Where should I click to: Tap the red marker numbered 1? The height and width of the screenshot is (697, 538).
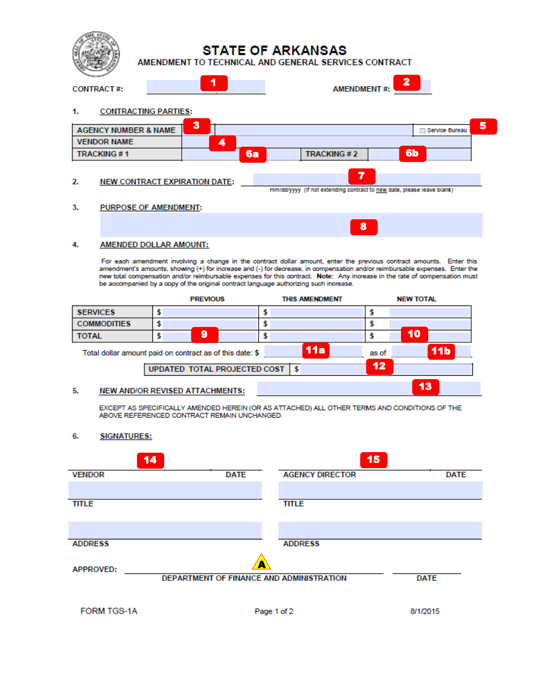tap(214, 83)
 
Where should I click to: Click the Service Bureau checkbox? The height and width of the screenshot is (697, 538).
tap(422, 131)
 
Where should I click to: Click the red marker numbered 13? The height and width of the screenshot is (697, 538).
tap(425, 387)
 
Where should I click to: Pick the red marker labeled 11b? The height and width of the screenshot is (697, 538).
tap(441, 351)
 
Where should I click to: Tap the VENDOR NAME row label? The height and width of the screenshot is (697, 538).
tap(105, 142)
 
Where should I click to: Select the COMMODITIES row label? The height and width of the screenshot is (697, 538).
tap(104, 324)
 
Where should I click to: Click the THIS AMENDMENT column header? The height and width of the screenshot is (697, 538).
tap(312, 299)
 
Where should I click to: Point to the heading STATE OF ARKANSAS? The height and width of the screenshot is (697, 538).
tap(275, 50)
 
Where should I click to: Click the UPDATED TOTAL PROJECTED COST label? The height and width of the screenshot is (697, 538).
tap(216, 369)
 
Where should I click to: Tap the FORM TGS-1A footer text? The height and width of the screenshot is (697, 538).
tap(109, 611)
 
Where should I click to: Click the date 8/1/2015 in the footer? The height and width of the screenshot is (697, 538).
tap(425, 611)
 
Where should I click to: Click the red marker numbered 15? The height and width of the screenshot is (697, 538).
tap(373, 460)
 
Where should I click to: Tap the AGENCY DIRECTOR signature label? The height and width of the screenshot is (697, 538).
tap(319, 475)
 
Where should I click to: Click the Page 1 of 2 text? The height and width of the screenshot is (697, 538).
tap(274, 611)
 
